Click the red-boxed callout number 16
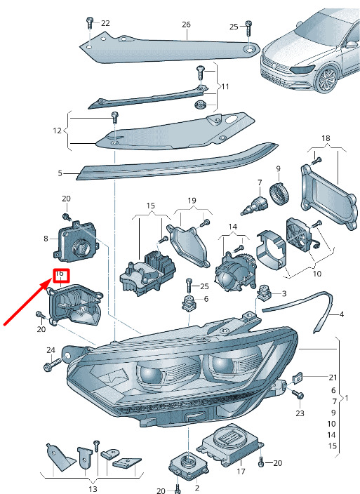click(60, 274)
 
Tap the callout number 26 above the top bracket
click(186, 25)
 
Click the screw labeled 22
click(89, 24)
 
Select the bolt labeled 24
click(52, 366)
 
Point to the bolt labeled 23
click(298, 394)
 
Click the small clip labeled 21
click(298, 377)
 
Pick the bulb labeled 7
click(255, 204)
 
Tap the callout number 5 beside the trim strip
click(60, 173)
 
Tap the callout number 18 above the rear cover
click(326, 138)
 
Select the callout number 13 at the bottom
click(93, 489)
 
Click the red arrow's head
click(48, 283)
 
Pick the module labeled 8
click(76, 242)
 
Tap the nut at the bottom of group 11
click(200, 104)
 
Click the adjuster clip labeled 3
click(263, 293)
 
